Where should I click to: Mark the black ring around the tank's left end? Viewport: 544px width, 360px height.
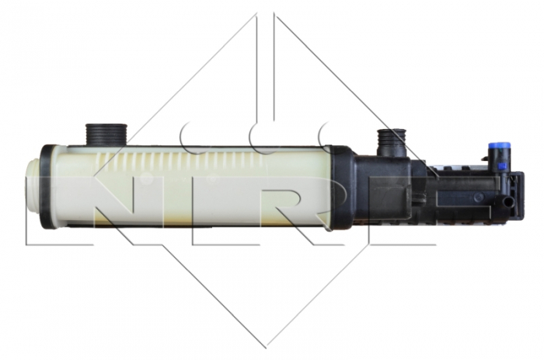point(47,186)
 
